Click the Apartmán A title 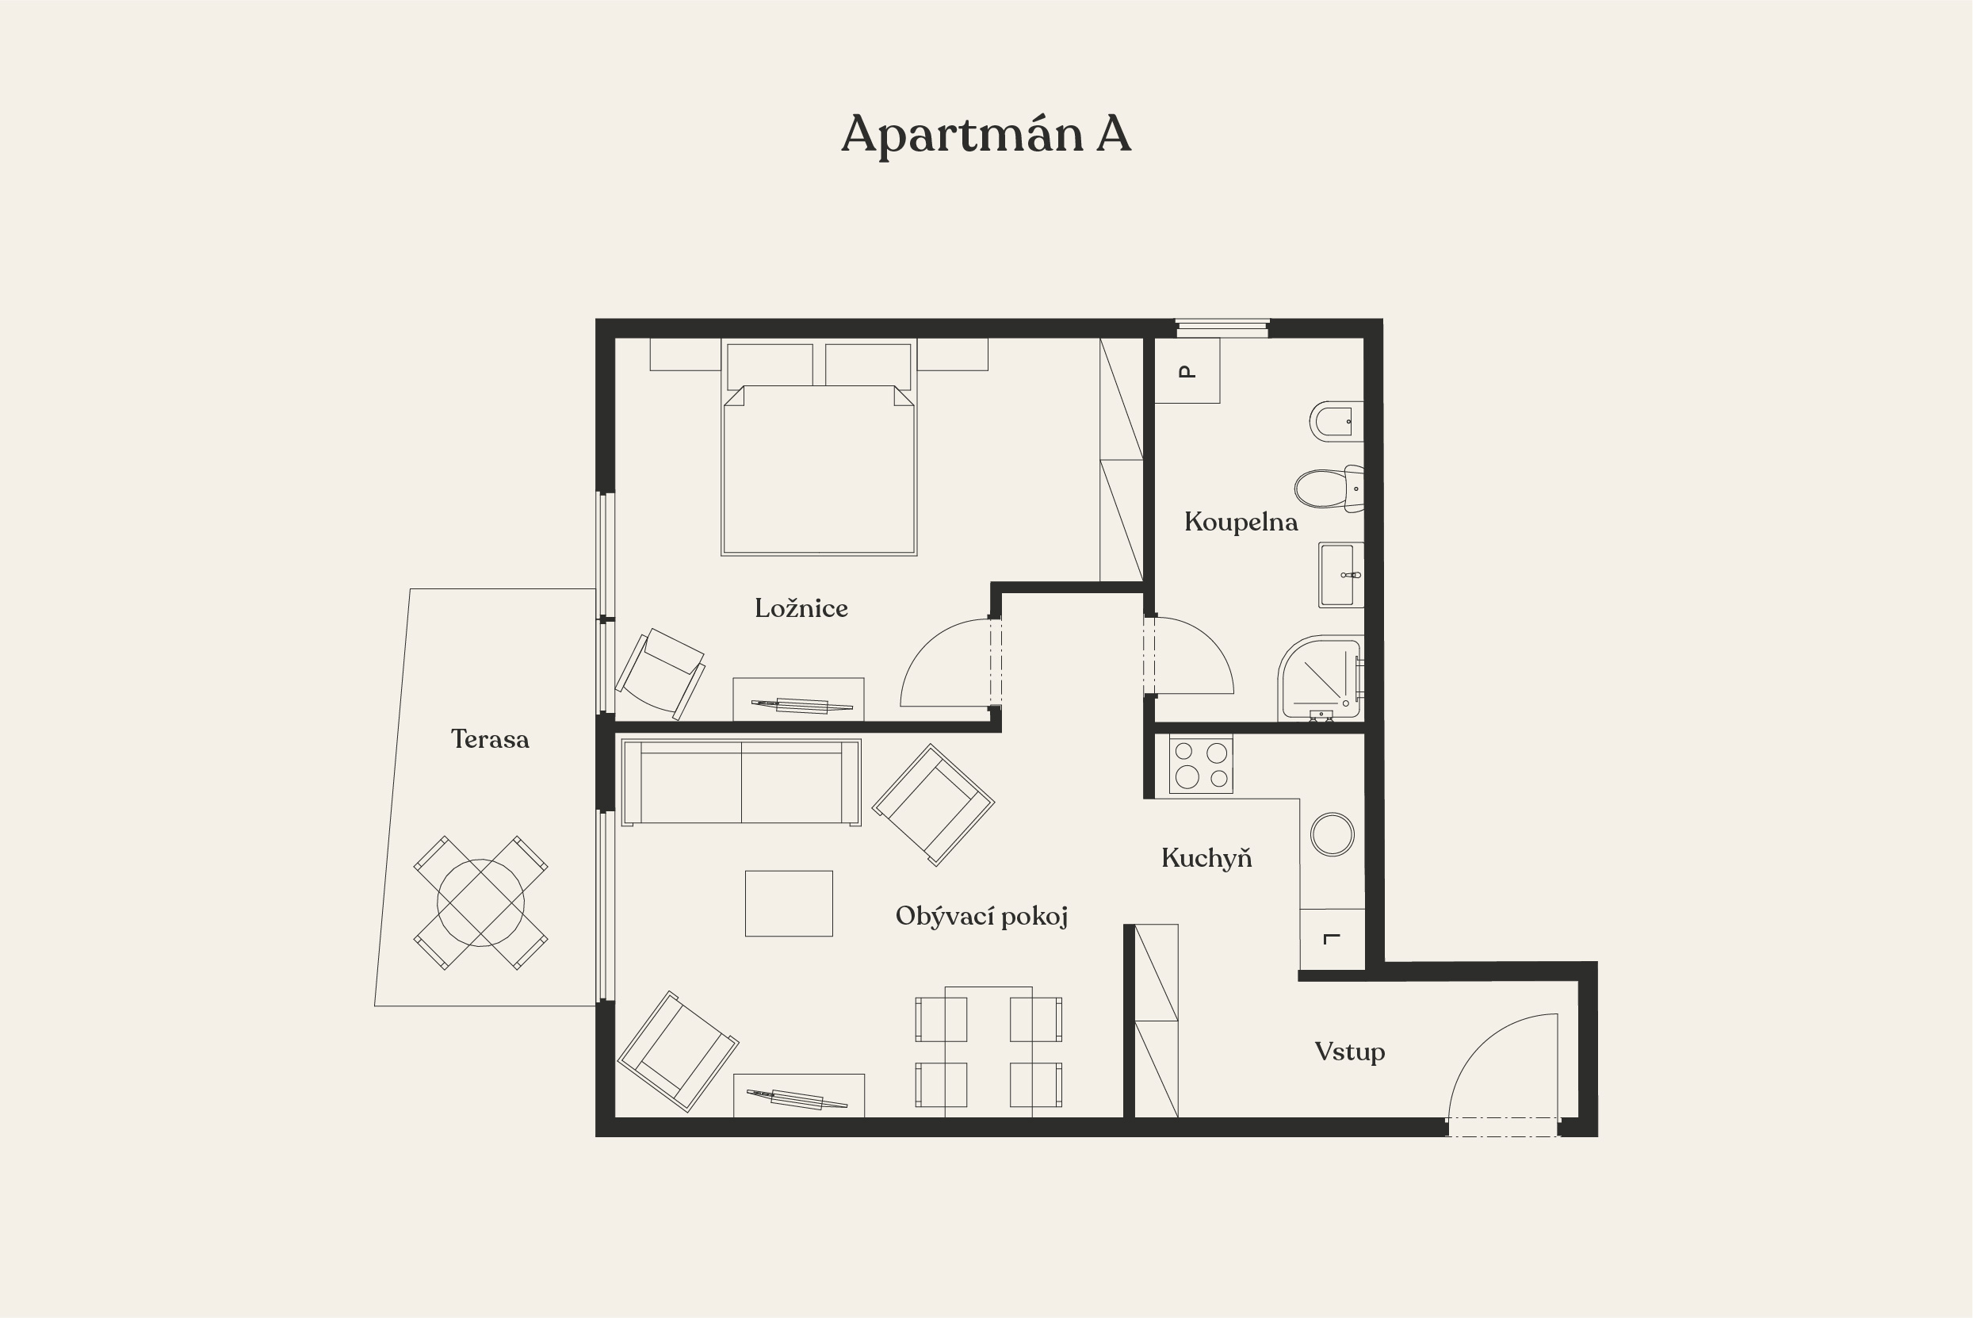click(x=985, y=135)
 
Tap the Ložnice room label click(x=801, y=607)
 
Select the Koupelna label click(x=1241, y=522)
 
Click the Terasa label click(x=490, y=739)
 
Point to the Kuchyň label click(x=1206, y=857)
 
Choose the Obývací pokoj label click(x=981, y=915)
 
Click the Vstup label click(x=1349, y=1052)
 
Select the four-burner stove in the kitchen click(x=1201, y=764)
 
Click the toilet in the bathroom click(x=1329, y=489)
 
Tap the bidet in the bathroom click(x=1336, y=421)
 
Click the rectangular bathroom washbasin click(x=1340, y=575)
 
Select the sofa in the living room click(x=741, y=783)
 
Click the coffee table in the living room click(x=789, y=903)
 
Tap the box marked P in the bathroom click(x=1187, y=370)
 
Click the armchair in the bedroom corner click(x=660, y=674)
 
